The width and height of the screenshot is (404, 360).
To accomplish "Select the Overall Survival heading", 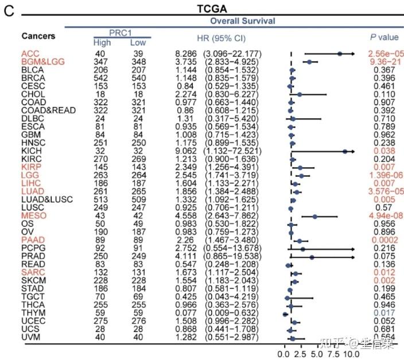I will [x=242, y=21].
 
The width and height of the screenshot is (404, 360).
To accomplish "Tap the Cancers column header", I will [x=38, y=36].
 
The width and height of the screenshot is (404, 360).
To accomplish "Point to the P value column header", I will [x=383, y=37].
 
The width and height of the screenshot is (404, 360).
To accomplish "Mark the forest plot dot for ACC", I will [x=340, y=53].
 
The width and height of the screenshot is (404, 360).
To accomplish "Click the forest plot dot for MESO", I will [x=314, y=216].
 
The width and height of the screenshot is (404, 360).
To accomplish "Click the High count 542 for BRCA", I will [x=102, y=78].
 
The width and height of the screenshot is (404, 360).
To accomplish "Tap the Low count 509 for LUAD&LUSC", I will [x=138, y=199].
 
